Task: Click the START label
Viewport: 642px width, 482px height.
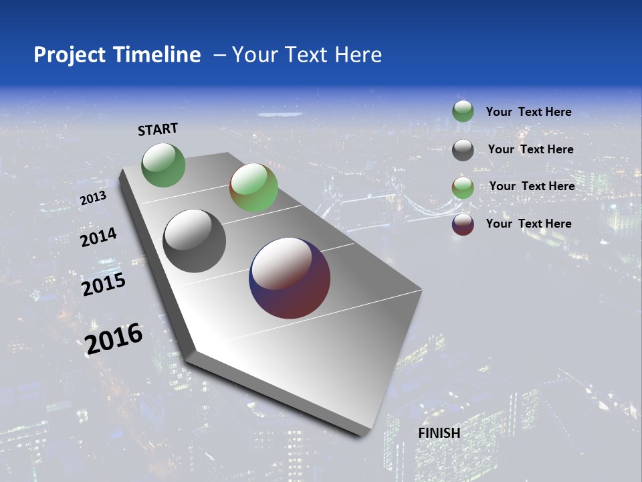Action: tap(158, 129)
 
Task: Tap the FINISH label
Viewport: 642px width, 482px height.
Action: tap(439, 433)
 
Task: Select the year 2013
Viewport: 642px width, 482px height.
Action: tap(93, 198)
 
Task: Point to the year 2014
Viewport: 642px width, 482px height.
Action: tap(98, 237)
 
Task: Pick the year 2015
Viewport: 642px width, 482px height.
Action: tap(104, 285)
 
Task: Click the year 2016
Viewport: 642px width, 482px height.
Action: tap(114, 338)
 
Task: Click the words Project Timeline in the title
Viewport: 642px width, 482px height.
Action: tap(117, 55)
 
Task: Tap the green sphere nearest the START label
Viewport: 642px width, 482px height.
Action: tap(164, 165)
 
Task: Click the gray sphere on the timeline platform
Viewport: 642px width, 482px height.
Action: tap(195, 241)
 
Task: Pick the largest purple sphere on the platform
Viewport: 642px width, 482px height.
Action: tap(290, 278)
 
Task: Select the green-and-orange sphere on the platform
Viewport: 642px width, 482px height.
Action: tap(253, 188)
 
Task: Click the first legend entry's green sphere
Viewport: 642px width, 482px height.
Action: tap(463, 112)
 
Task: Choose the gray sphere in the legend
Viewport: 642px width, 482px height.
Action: tap(463, 150)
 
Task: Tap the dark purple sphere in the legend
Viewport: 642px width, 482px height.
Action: tap(463, 224)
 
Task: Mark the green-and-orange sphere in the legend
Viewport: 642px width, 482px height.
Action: tap(463, 187)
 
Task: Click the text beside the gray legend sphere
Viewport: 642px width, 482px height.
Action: tap(530, 149)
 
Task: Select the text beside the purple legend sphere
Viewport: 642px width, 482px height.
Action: tap(528, 224)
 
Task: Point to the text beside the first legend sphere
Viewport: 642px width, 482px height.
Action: tap(528, 112)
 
